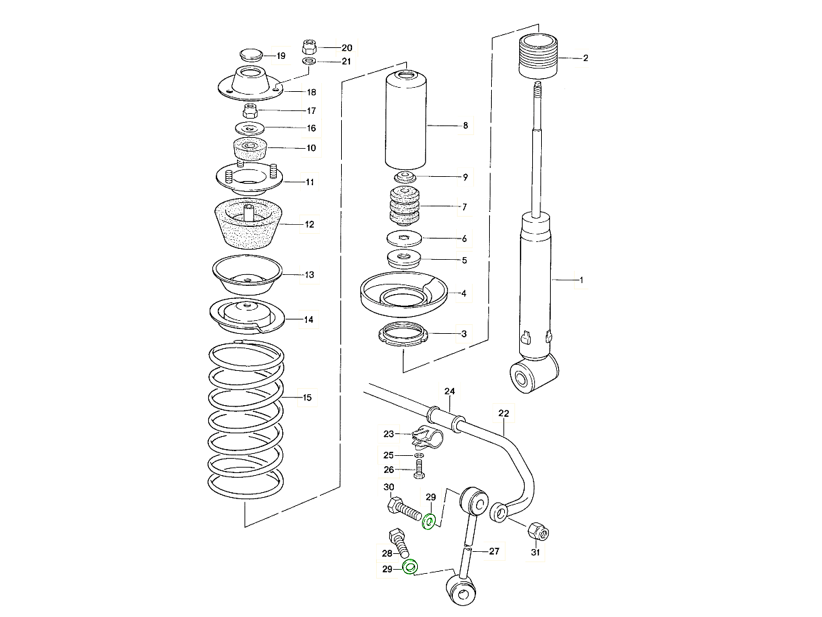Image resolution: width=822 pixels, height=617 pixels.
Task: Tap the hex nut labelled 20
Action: pos(308,47)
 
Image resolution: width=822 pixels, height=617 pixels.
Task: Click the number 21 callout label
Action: pos(346,62)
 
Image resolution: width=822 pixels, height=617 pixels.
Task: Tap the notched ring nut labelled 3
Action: pos(403,336)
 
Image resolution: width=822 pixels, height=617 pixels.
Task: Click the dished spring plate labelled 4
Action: pos(403,293)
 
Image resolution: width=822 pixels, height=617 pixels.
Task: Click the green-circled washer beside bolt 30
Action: pos(429,522)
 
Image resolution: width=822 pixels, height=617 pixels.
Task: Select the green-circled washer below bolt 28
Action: pos(410,568)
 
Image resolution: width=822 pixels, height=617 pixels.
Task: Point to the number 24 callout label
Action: pos(449,391)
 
